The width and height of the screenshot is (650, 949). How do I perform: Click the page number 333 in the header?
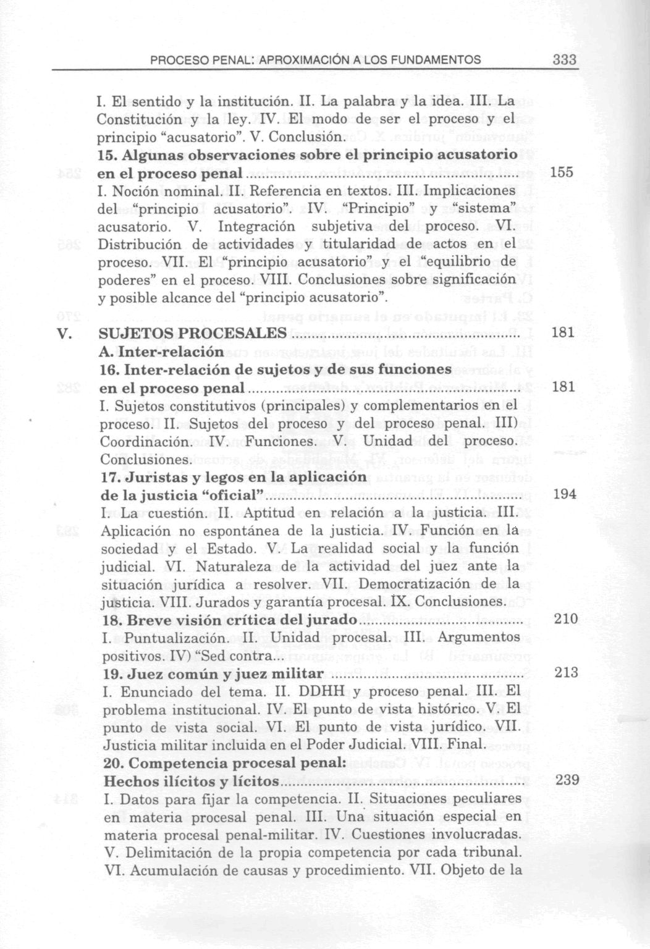[x=564, y=60]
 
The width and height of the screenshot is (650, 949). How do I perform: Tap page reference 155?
[x=561, y=172]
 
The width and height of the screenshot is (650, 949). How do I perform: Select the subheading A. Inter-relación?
[x=161, y=352]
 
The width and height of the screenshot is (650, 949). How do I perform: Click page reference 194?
[x=565, y=494]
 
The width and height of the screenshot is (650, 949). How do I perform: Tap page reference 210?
[x=565, y=619]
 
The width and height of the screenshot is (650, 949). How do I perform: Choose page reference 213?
[x=566, y=673]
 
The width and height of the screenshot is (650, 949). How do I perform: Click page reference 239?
[x=567, y=780]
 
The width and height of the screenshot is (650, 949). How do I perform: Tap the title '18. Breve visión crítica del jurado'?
[x=229, y=620]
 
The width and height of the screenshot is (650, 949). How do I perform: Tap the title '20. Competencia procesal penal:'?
[x=224, y=763]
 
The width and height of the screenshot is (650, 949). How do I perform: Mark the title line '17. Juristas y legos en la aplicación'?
[x=234, y=477]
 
